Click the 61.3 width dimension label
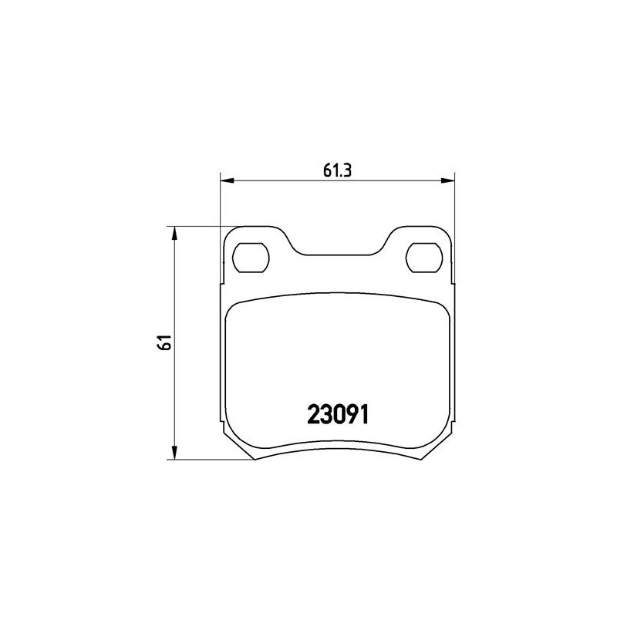point(337,170)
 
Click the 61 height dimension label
point(164,342)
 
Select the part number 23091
point(338,415)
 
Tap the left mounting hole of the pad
point(251,258)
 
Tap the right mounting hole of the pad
point(424,258)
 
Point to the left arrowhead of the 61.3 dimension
point(227,180)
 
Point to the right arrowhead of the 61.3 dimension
point(447,180)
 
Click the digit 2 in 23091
point(313,415)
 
